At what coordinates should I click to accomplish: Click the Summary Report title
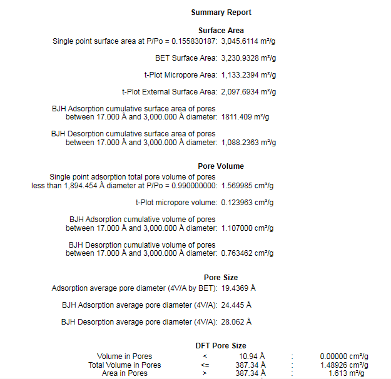(221, 13)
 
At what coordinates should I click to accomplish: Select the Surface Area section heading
(221, 31)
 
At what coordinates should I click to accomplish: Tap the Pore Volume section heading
(221, 166)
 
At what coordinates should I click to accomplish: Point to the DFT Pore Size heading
(221, 346)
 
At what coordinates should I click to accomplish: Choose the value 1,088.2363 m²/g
(248, 143)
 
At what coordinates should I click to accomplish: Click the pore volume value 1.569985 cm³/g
(247, 186)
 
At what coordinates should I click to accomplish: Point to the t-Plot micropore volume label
(176, 203)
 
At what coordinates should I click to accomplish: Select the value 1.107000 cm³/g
(247, 228)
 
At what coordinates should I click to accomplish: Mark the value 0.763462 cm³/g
(247, 254)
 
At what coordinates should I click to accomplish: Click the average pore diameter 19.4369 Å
(238, 288)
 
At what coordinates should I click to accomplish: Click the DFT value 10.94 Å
(253, 357)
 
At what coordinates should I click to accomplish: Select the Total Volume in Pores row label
(124, 365)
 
